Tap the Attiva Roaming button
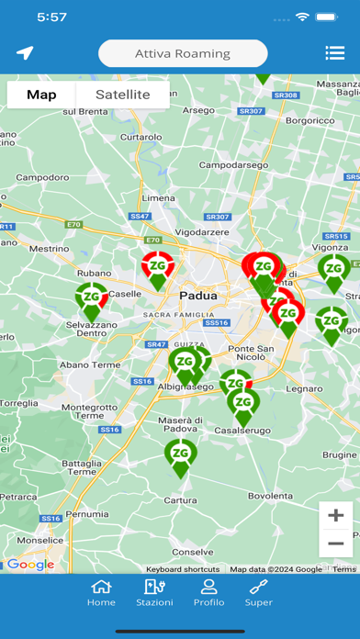tap(183, 53)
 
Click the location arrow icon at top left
tap(25, 53)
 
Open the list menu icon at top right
tap(334, 53)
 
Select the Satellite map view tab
tap(123, 95)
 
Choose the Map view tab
tap(41, 95)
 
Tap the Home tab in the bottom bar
tap(101, 592)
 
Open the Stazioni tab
tap(154, 592)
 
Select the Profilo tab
tap(208, 592)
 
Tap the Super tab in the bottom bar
tap(259, 592)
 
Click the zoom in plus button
tap(335, 515)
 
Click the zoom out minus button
tap(335, 544)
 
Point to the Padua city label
tap(198, 296)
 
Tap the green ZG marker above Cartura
tap(181, 456)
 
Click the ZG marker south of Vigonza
tap(333, 270)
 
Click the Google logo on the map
tap(30, 565)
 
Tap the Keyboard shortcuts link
tap(183, 569)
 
